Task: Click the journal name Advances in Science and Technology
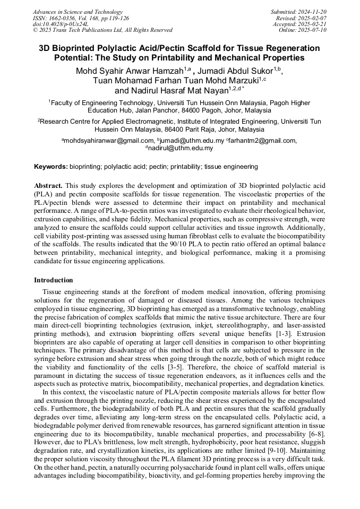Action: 78,12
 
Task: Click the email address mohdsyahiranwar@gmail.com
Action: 108,141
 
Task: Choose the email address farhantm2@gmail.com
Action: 261,141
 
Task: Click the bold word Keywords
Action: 51,167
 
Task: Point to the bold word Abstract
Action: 48,186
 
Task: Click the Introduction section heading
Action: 54,280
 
